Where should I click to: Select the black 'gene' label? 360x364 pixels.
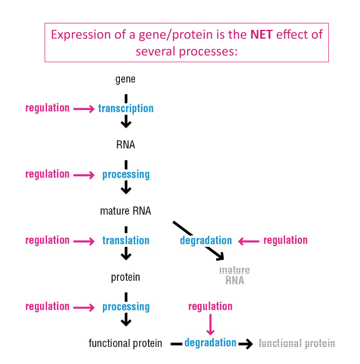click(x=125, y=79)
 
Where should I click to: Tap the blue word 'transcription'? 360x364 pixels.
click(x=126, y=108)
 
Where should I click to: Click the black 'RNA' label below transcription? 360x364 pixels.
click(x=125, y=145)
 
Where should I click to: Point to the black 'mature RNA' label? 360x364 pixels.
click(x=125, y=211)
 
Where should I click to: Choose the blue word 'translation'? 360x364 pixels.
click(x=126, y=240)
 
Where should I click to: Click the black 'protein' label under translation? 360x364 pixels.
click(x=125, y=277)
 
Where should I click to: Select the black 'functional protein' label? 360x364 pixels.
click(x=125, y=343)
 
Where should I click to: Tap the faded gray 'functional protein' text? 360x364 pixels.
click(x=297, y=343)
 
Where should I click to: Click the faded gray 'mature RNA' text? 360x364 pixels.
click(x=235, y=275)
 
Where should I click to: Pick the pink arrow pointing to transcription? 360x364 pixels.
click(x=84, y=109)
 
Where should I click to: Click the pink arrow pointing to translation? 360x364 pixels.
click(x=84, y=241)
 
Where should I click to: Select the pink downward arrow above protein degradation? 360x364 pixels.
click(x=210, y=325)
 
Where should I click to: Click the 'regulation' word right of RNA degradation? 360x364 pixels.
click(x=285, y=240)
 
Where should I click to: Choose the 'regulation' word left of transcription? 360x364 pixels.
click(x=47, y=108)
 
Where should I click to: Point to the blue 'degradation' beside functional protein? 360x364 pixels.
click(x=210, y=343)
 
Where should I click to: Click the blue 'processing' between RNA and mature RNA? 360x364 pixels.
click(x=126, y=174)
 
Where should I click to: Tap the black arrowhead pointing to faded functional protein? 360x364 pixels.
click(x=247, y=344)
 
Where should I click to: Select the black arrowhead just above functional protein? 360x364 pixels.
click(x=126, y=322)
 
